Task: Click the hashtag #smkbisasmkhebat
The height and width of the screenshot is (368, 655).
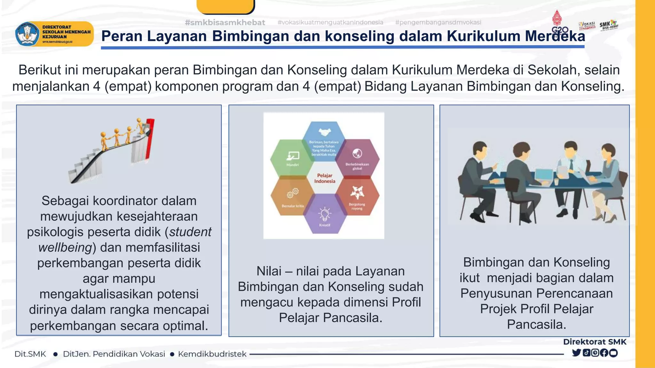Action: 225,22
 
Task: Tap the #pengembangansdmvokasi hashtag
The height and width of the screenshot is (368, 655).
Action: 438,22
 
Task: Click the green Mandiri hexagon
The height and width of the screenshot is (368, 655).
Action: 292,158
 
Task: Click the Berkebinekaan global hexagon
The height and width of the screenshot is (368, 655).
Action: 357,158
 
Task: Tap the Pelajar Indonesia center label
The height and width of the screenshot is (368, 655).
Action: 325,178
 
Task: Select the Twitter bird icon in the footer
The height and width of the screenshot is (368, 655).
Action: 576,353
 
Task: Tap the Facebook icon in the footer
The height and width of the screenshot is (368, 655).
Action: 604,353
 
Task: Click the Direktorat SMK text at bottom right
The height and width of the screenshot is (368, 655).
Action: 595,342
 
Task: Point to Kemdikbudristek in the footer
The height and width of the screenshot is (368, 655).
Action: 212,354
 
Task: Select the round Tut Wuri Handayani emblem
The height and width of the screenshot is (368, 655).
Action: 27,34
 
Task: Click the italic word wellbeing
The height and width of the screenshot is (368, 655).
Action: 65,248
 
